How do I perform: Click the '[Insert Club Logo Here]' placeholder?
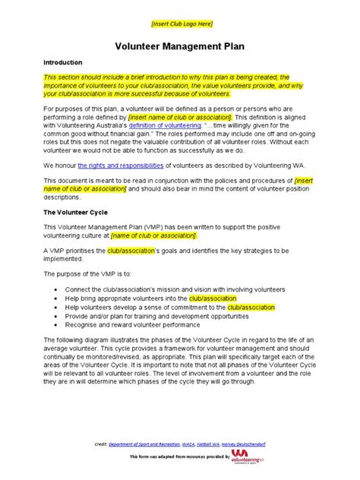coord(180,24)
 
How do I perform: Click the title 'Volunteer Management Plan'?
coord(180,46)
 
